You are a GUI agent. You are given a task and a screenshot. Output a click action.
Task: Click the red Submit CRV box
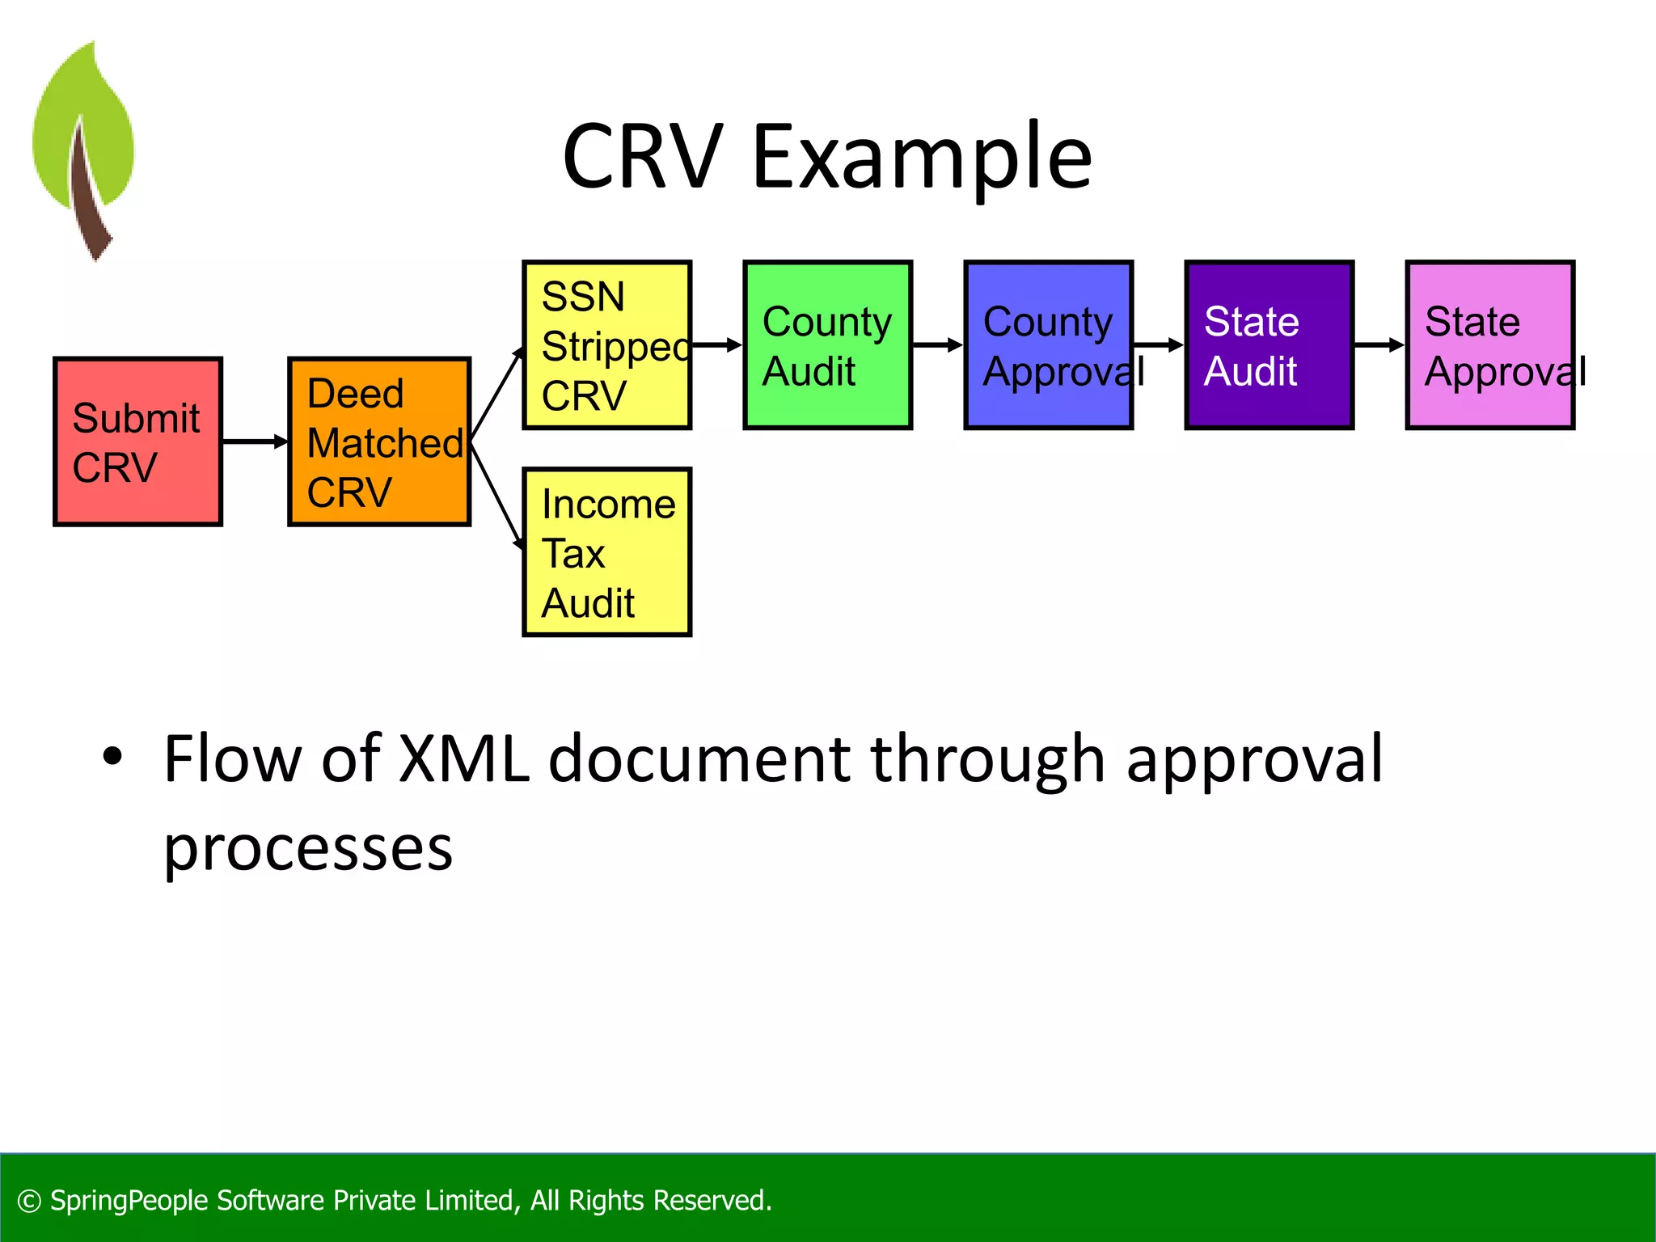pos(137,441)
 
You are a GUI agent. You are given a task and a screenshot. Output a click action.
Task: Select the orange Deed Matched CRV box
pos(379,441)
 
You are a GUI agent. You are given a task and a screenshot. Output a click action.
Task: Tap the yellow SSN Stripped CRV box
pos(606,345)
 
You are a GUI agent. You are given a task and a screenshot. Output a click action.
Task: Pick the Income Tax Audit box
pos(606,552)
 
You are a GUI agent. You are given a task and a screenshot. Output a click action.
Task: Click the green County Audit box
pos(827,345)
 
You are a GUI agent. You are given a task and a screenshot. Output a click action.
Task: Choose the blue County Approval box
pos(1048,345)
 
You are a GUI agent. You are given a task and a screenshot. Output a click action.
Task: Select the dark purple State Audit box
pos(1269,345)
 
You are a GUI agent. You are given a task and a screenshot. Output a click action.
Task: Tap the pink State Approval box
pos(1489,345)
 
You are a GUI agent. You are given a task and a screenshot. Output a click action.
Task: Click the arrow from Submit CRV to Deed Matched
pos(255,441)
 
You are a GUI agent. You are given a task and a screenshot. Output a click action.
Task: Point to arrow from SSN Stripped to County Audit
pos(718,345)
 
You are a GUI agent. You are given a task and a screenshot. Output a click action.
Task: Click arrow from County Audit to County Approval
pos(938,345)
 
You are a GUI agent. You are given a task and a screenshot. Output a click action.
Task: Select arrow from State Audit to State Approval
pos(1379,345)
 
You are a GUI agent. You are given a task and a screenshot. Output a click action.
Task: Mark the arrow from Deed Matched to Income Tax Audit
pos(496,495)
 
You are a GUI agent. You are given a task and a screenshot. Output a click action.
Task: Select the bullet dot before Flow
pos(112,757)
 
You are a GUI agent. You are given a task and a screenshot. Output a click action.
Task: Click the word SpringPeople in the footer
pos(129,1201)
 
